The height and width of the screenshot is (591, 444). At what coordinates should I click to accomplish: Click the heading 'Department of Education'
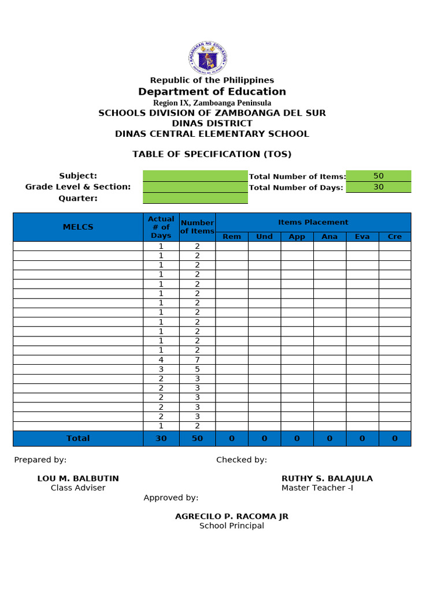212,92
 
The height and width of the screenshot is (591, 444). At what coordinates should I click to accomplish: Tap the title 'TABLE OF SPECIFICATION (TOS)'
212,154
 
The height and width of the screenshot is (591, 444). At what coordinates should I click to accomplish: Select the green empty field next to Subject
195,176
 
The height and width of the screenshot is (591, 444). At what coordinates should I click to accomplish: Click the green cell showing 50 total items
378,176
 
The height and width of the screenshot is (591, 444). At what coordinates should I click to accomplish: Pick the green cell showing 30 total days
378,187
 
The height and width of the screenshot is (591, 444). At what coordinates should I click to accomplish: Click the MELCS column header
78,227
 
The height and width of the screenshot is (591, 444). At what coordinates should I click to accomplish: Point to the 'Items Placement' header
313,222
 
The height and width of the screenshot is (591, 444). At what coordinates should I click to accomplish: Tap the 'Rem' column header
232,237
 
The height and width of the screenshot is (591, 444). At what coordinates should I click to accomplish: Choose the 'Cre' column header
395,237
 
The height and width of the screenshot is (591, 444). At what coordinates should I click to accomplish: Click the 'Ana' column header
330,237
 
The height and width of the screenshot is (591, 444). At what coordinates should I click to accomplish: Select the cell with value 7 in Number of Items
197,360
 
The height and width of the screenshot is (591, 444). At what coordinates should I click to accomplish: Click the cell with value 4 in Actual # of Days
161,360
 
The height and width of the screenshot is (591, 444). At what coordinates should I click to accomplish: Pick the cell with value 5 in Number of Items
197,369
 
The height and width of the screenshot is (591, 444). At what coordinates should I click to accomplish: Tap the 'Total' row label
78,439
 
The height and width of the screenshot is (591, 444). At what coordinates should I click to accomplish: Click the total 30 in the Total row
161,439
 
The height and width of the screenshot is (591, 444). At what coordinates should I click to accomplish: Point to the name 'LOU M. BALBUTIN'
78,478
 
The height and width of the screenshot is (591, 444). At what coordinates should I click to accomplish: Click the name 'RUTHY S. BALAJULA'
327,478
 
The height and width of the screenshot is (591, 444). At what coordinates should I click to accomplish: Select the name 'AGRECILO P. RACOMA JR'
231,517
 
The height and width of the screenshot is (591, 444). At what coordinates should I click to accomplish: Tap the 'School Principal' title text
231,526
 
